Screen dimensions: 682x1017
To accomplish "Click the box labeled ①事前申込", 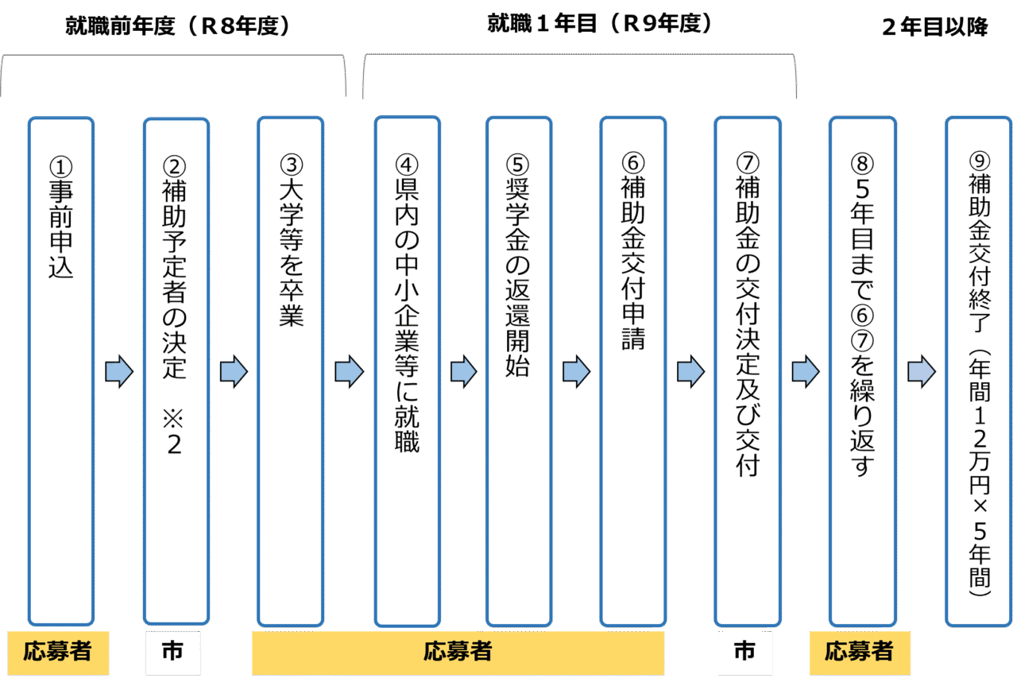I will coord(60,370).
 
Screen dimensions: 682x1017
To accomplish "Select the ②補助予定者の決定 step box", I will coord(176,370).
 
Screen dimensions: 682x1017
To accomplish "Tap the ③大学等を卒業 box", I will coord(291,370).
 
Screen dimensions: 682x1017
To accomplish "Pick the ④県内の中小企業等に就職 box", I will coord(407,370).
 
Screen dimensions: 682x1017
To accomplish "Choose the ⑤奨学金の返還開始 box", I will coord(519,370).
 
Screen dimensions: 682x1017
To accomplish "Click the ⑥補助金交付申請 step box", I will coord(632,370).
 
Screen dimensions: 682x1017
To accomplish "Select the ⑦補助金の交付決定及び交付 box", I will coord(747,370).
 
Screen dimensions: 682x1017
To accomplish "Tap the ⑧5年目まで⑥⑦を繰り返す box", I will coord(862,370).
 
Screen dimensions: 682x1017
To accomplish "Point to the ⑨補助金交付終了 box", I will coord(978,370).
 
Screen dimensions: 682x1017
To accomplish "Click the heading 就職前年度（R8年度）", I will coord(179,26).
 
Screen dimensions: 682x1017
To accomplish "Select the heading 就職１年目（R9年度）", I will coord(599,24).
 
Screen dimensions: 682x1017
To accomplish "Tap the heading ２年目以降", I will coord(935,27).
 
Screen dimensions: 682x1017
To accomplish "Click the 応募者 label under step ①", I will coord(56,653).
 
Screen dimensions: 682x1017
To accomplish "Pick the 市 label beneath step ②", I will coord(172,653).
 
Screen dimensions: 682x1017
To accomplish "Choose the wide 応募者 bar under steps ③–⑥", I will coord(458,653).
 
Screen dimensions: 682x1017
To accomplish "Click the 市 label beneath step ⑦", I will coord(744,653).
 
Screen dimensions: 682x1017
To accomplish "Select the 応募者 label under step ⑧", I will coord(859,653).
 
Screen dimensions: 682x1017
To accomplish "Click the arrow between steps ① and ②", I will coord(118,371).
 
